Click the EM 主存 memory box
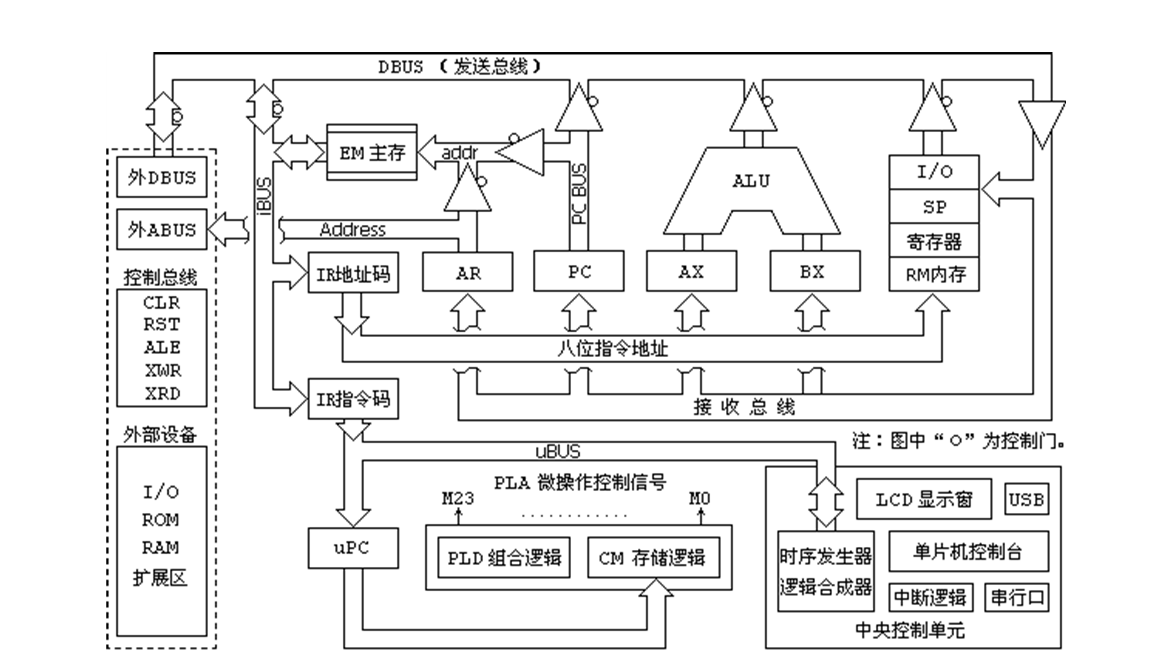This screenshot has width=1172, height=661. (x=372, y=152)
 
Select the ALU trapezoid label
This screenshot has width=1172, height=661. (x=751, y=181)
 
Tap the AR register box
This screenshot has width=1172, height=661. (x=468, y=272)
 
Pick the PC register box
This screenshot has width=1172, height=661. (x=579, y=271)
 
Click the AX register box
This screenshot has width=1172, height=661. (x=691, y=271)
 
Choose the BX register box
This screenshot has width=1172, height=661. (x=815, y=271)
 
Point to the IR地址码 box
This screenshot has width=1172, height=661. (x=353, y=273)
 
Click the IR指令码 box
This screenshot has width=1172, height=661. (x=353, y=399)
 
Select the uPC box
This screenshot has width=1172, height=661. (x=353, y=548)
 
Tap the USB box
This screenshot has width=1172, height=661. (x=1027, y=499)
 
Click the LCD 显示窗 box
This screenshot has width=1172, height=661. (x=924, y=499)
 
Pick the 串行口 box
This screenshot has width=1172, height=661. (x=1017, y=597)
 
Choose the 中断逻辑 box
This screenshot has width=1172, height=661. (x=931, y=597)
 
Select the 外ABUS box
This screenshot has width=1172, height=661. (x=162, y=229)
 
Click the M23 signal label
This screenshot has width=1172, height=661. (x=458, y=498)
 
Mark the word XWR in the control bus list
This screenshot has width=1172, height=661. (x=163, y=370)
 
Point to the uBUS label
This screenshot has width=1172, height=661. (x=558, y=451)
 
